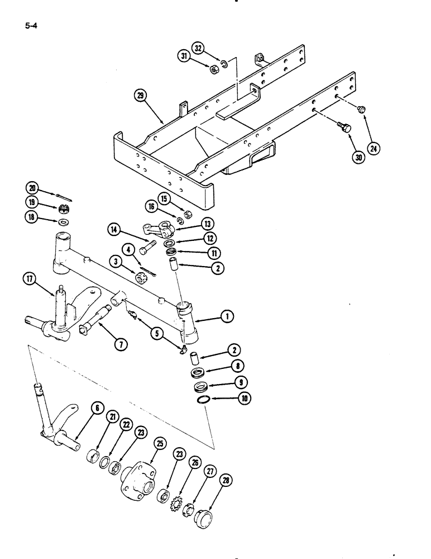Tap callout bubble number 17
click(30, 279)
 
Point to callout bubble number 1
click(227, 317)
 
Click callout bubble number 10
click(228, 399)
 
